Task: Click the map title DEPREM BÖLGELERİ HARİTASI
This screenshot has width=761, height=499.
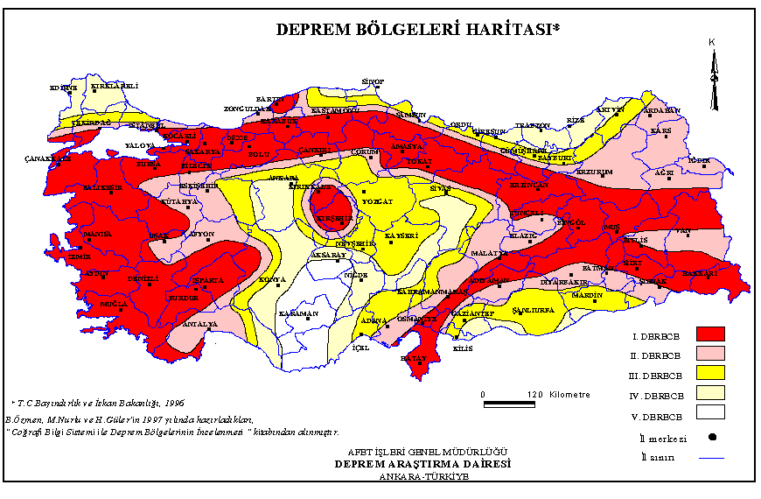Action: tap(418, 29)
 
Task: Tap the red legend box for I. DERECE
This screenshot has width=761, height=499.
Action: tap(710, 334)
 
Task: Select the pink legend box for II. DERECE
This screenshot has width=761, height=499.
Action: tap(710, 353)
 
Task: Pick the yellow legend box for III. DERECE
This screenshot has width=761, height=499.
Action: tap(710, 373)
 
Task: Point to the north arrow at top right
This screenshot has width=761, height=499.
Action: tap(714, 77)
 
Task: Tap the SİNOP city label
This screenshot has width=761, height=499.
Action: tap(374, 81)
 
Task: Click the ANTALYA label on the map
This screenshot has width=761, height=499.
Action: tap(199, 324)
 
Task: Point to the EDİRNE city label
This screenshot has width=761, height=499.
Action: tap(63, 88)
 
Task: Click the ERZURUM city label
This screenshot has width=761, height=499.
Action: tap(593, 172)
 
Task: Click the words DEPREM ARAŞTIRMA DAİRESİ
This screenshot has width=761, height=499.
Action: tap(422, 464)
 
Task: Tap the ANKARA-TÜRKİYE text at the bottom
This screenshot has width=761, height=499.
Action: tap(424, 477)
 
